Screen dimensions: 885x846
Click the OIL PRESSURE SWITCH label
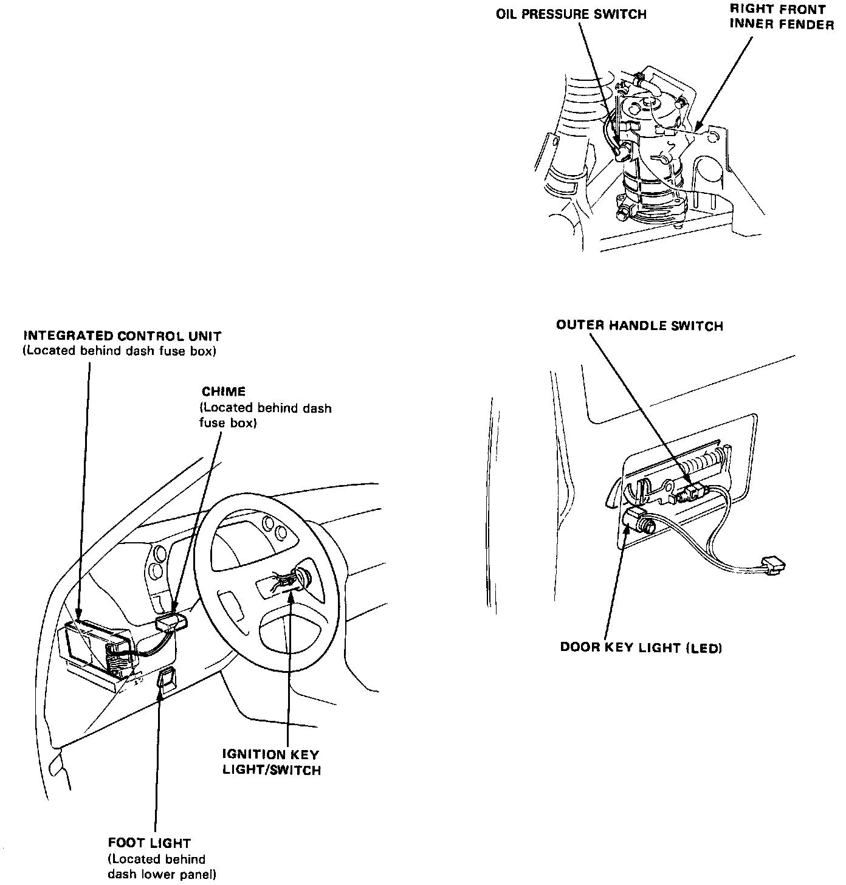click(x=571, y=13)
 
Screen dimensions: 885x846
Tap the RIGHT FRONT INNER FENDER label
click(x=782, y=17)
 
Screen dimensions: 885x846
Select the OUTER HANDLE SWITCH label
click(x=639, y=326)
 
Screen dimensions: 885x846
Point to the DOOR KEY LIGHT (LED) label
click(x=641, y=647)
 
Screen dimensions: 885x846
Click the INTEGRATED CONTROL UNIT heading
click(x=122, y=336)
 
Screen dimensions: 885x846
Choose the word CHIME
click(x=224, y=392)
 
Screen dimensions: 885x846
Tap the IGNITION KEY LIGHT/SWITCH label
click(x=270, y=762)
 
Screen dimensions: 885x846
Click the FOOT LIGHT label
click(x=149, y=843)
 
